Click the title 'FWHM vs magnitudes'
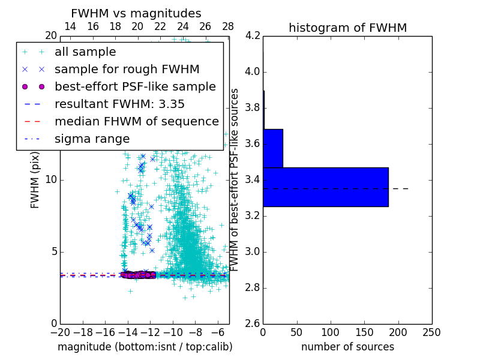[136, 13]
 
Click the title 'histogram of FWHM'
[347, 28]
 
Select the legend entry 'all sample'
[85, 52]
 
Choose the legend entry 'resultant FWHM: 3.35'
[119, 104]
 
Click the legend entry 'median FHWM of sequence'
[137, 122]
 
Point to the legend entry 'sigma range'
[92, 139]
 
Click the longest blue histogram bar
[326, 187]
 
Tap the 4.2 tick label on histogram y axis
[252, 36]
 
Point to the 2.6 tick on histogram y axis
[252, 323]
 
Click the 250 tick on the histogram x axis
[431, 332]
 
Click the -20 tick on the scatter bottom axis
[60, 332]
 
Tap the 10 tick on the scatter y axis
[51, 180]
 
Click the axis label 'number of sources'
[347, 347]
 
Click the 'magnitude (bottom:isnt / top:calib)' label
[145, 347]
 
